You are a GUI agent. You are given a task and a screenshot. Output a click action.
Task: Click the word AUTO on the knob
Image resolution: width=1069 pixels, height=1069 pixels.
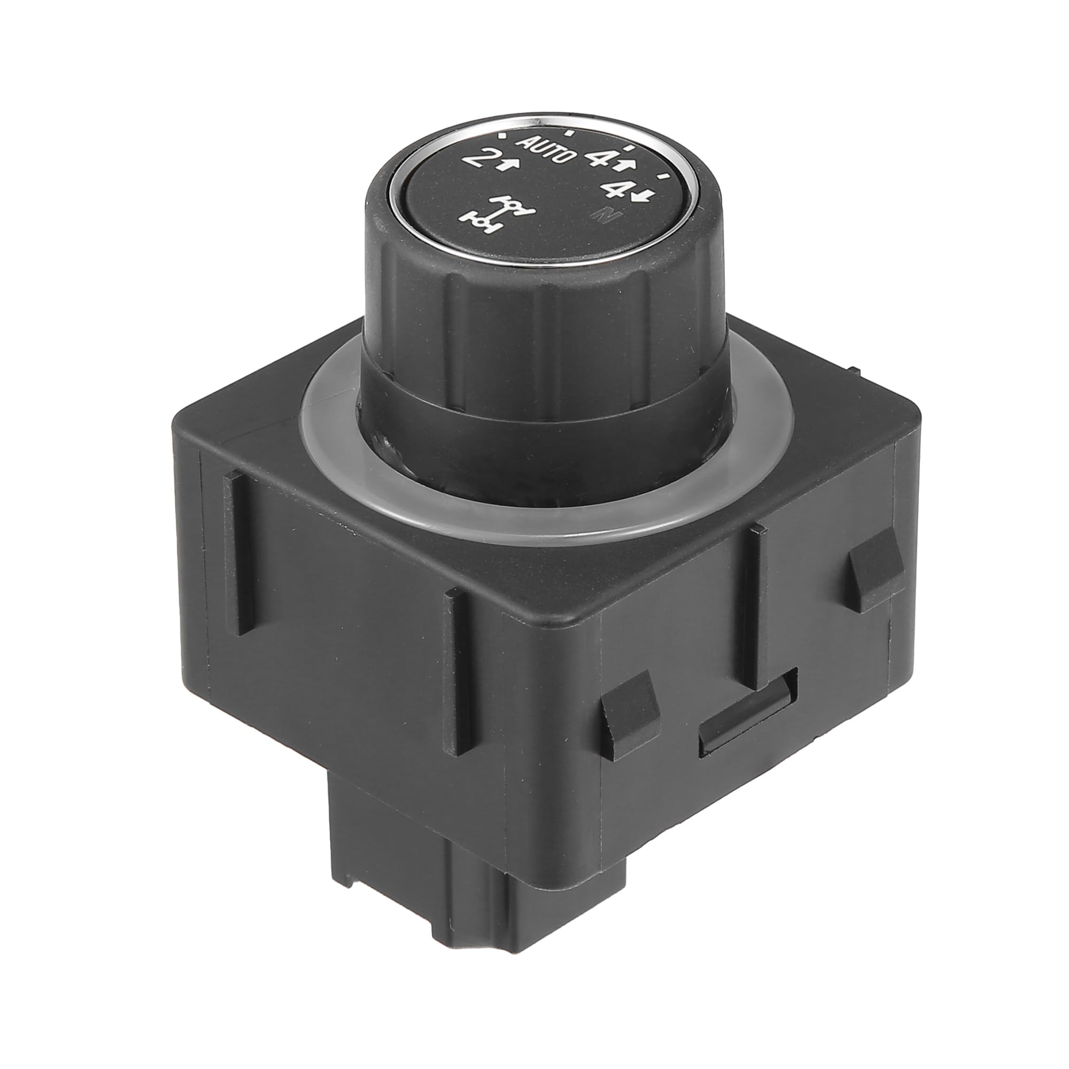pyautogui.click(x=546, y=150)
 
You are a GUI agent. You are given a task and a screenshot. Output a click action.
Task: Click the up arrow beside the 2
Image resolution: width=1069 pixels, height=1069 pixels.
pyautogui.click(x=508, y=163)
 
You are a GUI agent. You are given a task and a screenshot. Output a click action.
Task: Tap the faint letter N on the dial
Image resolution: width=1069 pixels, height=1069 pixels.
pyautogui.click(x=613, y=215)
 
